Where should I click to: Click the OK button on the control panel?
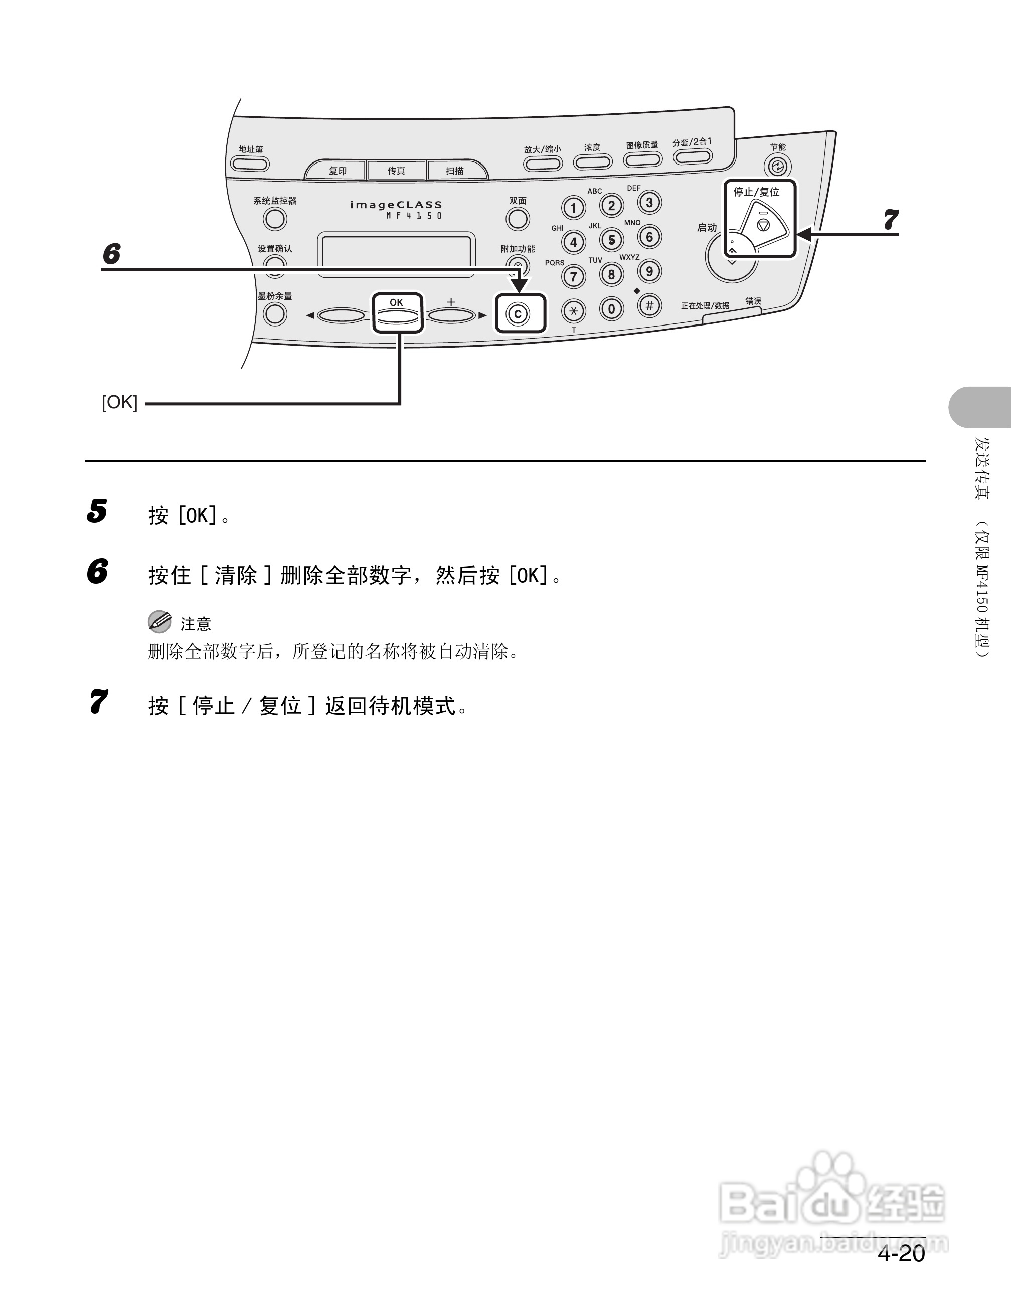tap(397, 315)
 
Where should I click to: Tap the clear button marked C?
tap(518, 313)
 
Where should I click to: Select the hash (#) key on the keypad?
tap(649, 306)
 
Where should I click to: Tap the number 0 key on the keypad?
tap(611, 309)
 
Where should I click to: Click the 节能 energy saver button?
tap(777, 166)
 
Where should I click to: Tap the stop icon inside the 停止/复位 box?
tap(763, 225)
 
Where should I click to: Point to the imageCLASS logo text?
tap(396, 205)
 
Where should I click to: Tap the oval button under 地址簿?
tap(250, 164)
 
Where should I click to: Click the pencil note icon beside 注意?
tap(159, 622)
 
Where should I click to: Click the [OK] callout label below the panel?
tap(120, 402)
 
